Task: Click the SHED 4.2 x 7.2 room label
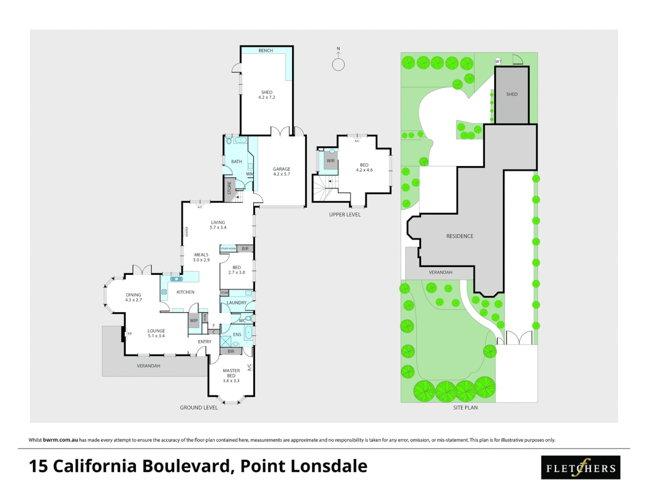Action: coord(267,95)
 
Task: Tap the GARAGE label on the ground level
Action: coord(282,171)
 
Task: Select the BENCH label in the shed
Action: coord(265,50)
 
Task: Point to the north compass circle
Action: coord(338,65)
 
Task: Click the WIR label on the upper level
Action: coord(331,161)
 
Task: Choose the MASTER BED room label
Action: coord(231,376)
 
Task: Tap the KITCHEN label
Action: coord(185,292)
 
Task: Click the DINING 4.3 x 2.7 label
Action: coord(134,297)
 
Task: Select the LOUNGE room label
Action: coord(156,333)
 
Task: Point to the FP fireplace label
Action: coord(130,334)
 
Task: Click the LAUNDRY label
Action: coord(237,303)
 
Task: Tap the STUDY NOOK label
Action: coord(228,248)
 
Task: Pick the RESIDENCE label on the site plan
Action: coord(459,236)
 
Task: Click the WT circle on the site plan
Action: coord(498,62)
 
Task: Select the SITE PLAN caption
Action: coord(465,408)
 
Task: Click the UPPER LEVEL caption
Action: coord(345,215)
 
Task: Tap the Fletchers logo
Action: coord(580,468)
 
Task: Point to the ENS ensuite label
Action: coord(237,334)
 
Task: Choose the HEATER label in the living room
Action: coord(187,232)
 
